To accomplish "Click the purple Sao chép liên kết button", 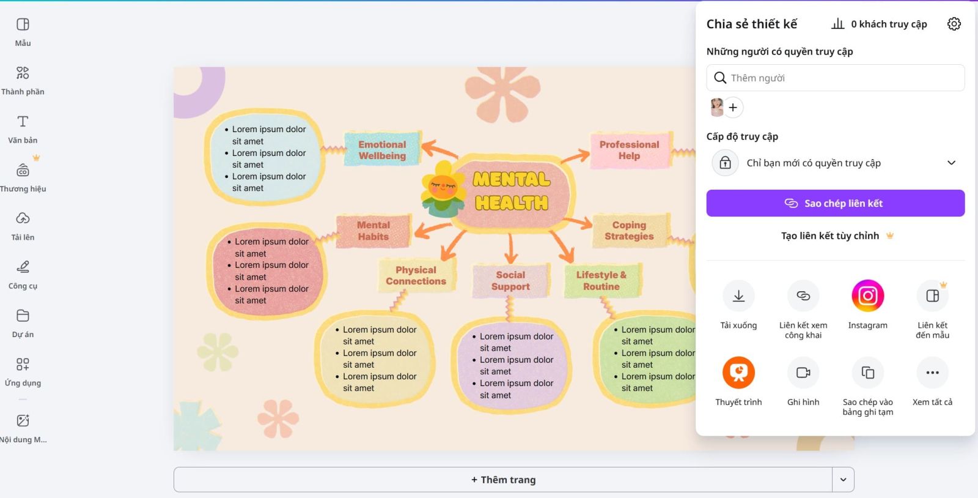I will point(835,203).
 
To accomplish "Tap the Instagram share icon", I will point(867,296).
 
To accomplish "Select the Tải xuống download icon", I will point(738,296).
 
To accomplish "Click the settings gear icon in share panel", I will point(954,24).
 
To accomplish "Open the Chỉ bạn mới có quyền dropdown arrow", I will point(951,163).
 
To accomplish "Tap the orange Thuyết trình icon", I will point(738,373).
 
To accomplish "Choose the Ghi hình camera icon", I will point(803,373).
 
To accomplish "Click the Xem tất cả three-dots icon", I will point(932,373).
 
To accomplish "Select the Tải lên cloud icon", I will point(23,218).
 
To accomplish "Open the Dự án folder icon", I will point(23,316).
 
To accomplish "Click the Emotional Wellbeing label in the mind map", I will point(382,150).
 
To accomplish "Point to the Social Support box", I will point(510,281).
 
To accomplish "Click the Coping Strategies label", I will point(629,231).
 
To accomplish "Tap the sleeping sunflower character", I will point(443,188).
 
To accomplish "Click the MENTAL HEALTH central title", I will point(512,191).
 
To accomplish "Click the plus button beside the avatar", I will point(733,108).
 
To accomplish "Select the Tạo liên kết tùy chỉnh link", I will point(830,236).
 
